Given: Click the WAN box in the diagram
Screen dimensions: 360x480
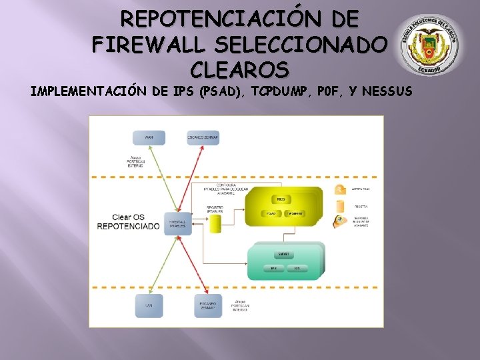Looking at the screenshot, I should click(x=149, y=137).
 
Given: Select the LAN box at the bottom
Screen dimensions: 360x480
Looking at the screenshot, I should click(x=149, y=306).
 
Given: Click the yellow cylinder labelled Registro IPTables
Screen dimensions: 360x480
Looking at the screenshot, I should click(x=215, y=223).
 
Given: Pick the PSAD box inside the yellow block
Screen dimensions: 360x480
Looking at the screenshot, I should click(x=271, y=213).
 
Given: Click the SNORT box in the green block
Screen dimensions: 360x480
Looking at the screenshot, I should click(x=284, y=254).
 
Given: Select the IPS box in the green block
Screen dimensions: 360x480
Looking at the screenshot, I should click(x=273, y=269).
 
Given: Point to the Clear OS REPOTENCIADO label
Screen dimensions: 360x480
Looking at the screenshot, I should click(x=129, y=222).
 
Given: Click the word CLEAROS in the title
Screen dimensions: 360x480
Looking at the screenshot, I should click(x=239, y=69).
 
